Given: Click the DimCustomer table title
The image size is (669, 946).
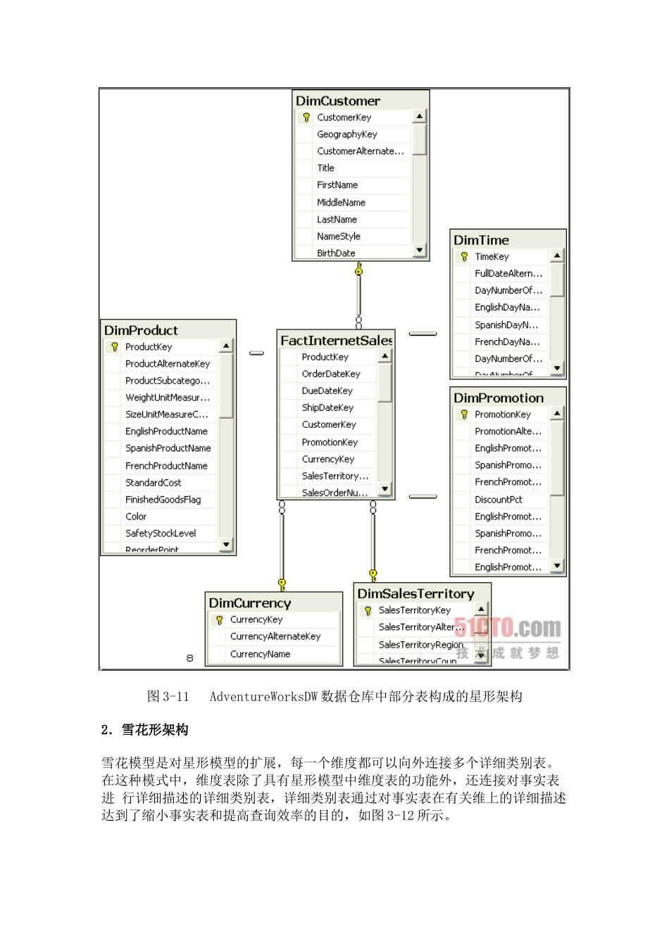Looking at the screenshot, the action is tap(338, 101).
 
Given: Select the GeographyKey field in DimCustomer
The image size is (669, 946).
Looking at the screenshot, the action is tap(347, 134).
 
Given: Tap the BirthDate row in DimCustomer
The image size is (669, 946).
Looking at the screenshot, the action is tap(336, 253).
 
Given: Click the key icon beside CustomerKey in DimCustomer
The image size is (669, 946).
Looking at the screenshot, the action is tap(306, 118).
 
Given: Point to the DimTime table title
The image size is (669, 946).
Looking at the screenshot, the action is tap(481, 240).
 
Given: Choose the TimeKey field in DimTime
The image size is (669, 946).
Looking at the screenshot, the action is tap(492, 257).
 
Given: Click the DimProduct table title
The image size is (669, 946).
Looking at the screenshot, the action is tap(141, 330).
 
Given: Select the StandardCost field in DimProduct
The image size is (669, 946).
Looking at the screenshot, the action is tap(154, 483).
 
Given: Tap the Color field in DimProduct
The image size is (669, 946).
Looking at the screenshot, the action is tap(136, 517).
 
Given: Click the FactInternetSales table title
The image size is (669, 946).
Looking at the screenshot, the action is tap(336, 341).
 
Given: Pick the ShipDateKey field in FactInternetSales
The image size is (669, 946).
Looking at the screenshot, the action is tap(327, 408).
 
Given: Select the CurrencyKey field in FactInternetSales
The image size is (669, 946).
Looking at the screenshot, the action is tap(328, 459).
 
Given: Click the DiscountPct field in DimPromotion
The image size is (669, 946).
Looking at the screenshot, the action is tap(499, 500).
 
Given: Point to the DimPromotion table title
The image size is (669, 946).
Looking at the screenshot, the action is tap(499, 398).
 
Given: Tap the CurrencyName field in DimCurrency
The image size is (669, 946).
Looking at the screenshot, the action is tap(260, 654).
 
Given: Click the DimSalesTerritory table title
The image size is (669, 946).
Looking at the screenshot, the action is tap(415, 593).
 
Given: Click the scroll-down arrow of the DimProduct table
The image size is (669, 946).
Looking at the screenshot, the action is tap(226, 544).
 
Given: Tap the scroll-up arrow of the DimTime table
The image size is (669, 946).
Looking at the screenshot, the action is tap(557, 256).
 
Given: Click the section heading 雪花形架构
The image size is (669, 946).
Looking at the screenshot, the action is tap(155, 730).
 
